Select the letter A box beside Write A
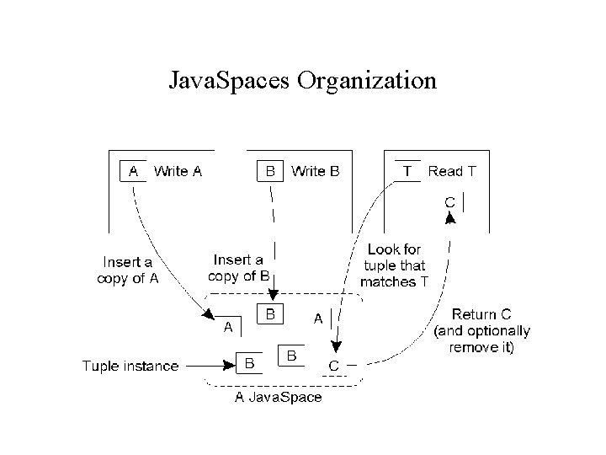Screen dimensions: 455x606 click(133, 171)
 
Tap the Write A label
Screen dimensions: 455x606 click(178, 171)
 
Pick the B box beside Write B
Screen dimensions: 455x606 click(270, 171)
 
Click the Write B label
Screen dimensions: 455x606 click(316, 171)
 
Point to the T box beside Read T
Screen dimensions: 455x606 click(408, 171)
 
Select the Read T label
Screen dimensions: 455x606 click(452, 171)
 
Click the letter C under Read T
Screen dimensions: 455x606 click(450, 202)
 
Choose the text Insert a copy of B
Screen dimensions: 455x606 click(240, 267)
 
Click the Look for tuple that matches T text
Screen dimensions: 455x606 click(394, 265)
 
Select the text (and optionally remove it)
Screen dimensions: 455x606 click(481, 339)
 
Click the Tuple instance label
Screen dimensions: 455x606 click(130, 365)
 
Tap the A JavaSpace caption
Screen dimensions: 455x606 click(277, 397)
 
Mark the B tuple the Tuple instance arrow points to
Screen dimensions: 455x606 click(250, 363)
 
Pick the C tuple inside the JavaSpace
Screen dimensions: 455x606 click(333, 366)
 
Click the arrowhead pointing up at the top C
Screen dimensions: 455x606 click(450, 218)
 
